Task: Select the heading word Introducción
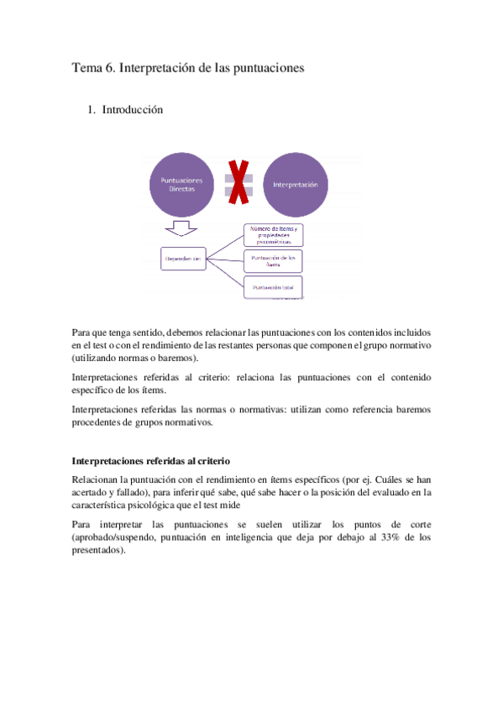point(132,110)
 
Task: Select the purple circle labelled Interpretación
point(295,186)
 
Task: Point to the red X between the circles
point(238,184)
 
